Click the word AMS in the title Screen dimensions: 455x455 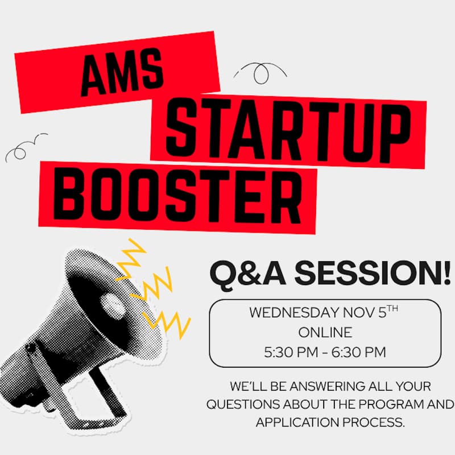click(122, 75)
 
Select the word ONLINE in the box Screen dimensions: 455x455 click(325, 332)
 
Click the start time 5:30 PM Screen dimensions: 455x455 click(290, 352)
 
